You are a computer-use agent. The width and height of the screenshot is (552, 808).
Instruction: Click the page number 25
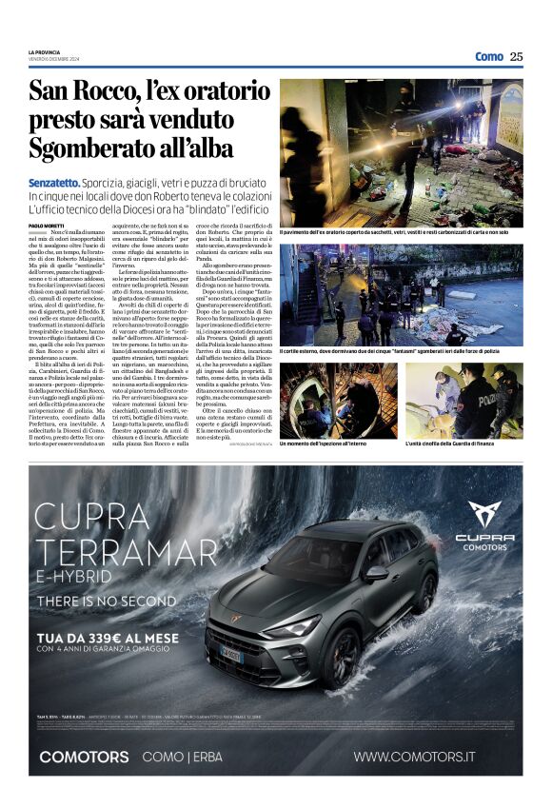pyautogui.click(x=516, y=56)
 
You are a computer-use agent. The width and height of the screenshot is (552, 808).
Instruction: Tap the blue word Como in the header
pyautogui.click(x=488, y=56)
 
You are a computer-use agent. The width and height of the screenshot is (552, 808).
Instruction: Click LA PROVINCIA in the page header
pyautogui.click(x=46, y=52)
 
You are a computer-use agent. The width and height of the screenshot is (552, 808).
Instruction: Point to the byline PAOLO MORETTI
pyautogui.click(x=49, y=225)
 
